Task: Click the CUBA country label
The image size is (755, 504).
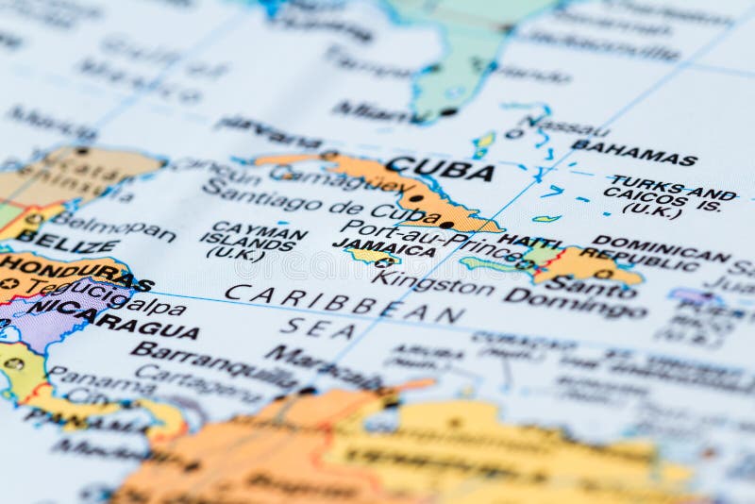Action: click(x=440, y=170)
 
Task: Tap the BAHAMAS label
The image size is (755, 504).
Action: click(x=634, y=153)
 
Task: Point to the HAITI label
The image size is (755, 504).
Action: click(x=529, y=241)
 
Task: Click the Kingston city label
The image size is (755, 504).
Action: click(x=433, y=282)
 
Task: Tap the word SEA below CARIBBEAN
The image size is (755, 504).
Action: click(x=319, y=328)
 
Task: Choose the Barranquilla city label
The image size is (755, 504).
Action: click(x=215, y=363)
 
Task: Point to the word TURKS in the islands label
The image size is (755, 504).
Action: click(x=640, y=181)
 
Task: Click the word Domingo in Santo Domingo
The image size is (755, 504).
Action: click(x=576, y=305)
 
